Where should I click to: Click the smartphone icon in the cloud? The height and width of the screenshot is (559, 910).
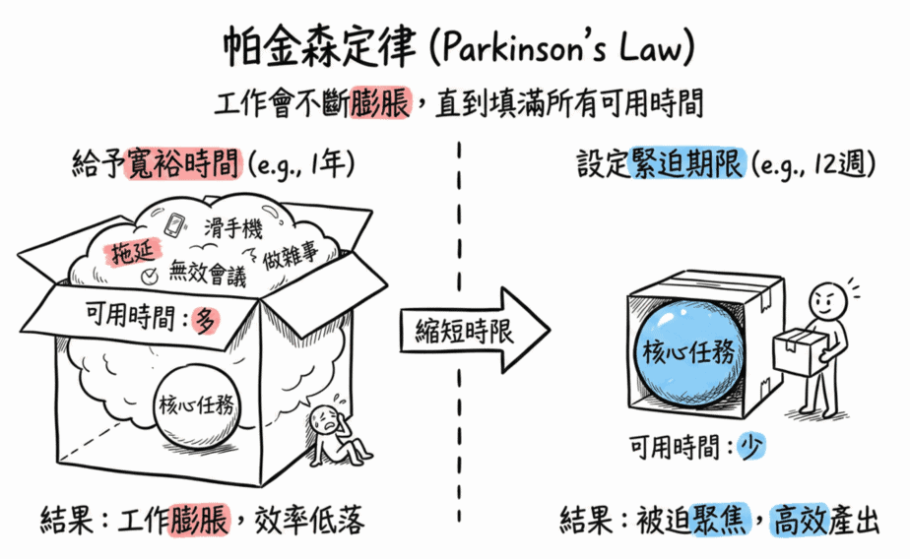click(174, 225)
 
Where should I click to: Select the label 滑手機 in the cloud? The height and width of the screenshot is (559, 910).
click(232, 228)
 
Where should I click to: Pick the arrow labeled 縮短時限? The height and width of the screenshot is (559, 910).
click(474, 330)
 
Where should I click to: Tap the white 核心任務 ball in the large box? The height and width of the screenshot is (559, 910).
click(196, 405)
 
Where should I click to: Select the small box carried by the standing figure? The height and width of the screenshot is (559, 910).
click(799, 351)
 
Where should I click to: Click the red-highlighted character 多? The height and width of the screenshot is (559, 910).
click(206, 320)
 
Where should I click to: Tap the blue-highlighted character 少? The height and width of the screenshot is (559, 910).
click(751, 447)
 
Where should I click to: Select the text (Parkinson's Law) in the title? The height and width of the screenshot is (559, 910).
click(561, 48)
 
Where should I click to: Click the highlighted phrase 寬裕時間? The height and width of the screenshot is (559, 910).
click(182, 163)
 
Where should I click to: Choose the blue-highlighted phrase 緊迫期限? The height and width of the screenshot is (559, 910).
click(686, 163)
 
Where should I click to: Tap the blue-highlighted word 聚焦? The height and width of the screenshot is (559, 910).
click(720, 519)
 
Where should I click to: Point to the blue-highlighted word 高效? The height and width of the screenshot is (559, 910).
click(800, 520)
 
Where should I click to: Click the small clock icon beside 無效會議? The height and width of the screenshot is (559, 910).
click(150, 276)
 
